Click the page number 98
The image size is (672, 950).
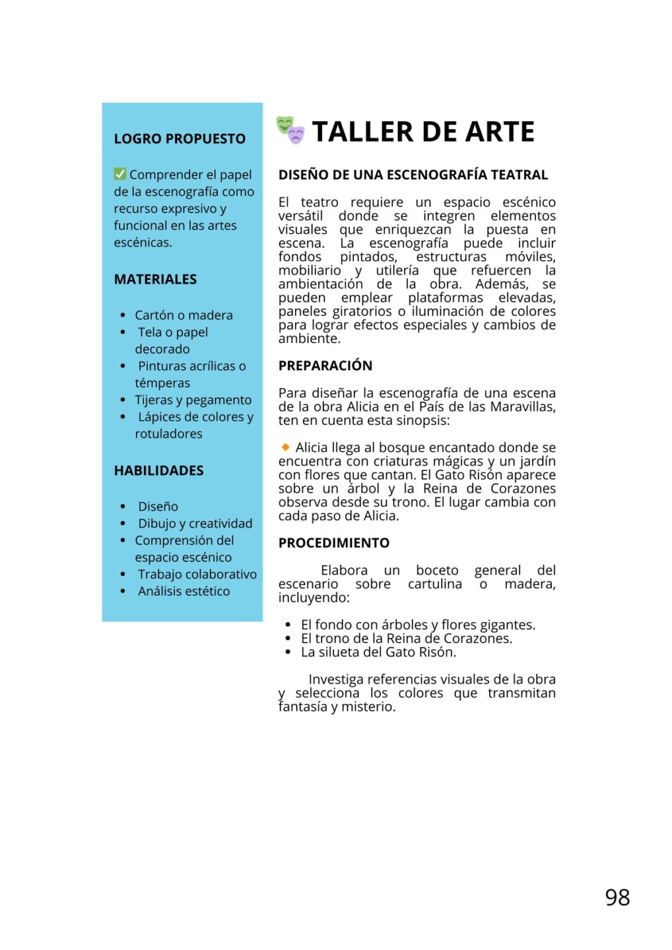617,897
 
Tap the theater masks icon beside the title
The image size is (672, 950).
290,130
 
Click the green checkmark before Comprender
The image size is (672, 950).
120,174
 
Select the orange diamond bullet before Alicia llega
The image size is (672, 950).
285,447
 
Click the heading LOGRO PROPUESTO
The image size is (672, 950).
180,139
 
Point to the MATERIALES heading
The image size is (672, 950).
155,279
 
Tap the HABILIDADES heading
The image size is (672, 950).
158,470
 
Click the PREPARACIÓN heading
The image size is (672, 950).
325,365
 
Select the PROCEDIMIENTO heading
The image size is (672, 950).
334,543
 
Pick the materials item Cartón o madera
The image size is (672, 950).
184,315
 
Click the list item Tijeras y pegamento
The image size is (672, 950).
193,400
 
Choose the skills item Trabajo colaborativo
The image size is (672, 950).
197,575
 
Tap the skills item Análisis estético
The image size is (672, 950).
184,592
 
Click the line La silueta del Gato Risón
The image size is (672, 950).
378,652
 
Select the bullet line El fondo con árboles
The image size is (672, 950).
418,625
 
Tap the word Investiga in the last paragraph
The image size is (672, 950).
335,680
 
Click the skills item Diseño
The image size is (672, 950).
158,507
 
